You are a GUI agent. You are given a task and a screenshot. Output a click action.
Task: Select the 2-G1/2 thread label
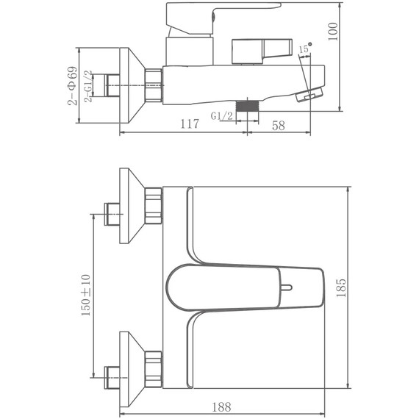[x=88, y=87]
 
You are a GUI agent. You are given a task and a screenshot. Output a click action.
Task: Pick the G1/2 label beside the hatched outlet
[x=221, y=116]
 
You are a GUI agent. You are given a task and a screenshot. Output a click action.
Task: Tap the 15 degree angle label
[x=304, y=49]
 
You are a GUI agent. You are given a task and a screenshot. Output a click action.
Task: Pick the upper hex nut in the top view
[x=154, y=207]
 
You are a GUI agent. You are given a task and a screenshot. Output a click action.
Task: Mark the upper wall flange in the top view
[x=131, y=207]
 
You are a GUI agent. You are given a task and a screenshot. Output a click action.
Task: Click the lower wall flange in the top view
[x=131, y=367]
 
